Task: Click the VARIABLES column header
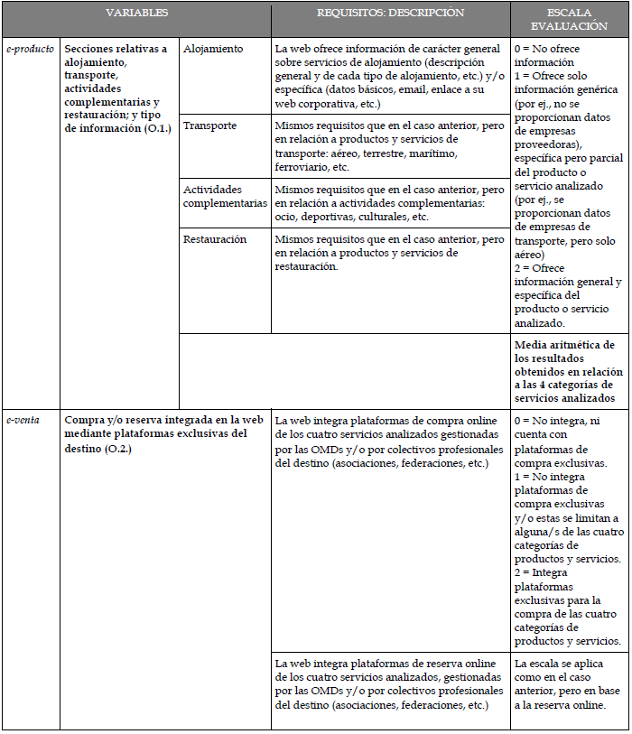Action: (136, 14)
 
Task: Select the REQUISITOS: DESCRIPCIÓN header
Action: (390, 14)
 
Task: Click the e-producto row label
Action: (30, 49)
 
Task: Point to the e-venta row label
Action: (23, 420)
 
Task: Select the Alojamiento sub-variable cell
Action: (213, 49)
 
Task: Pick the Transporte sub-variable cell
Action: (209, 125)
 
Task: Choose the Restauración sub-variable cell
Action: (215, 239)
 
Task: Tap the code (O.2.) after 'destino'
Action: (118, 449)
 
